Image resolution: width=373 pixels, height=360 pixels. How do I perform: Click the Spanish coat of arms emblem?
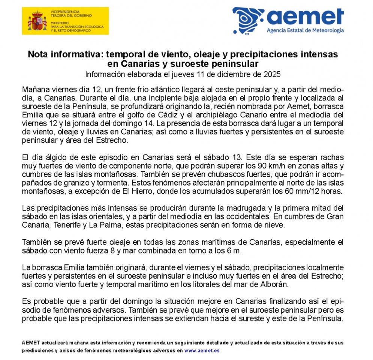point(37,21)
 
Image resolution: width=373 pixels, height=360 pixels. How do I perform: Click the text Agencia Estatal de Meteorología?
point(305,30)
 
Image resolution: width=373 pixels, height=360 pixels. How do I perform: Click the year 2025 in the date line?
point(273,74)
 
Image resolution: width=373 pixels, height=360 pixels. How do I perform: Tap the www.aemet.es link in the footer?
point(202,351)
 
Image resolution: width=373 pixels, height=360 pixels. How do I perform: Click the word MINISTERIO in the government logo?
point(60,22)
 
